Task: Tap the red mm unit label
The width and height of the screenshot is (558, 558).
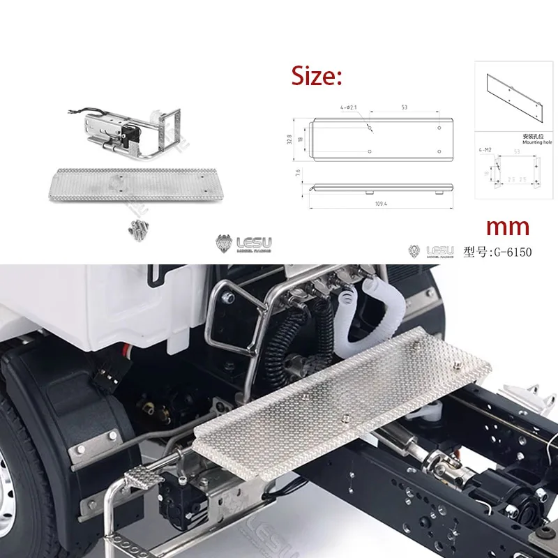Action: (x=506, y=226)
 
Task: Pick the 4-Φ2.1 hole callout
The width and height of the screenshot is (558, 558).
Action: (x=349, y=108)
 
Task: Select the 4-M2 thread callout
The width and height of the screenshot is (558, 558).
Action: (x=485, y=149)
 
